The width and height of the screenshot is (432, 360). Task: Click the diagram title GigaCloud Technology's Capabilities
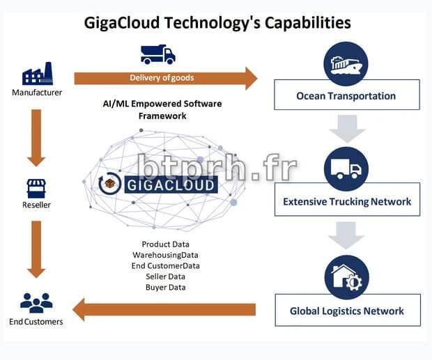(x=217, y=22)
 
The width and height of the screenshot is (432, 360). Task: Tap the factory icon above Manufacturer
(x=37, y=74)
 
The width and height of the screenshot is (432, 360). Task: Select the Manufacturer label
(x=37, y=92)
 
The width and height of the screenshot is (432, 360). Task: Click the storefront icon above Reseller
(x=36, y=187)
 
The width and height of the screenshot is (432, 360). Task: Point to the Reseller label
(x=36, y=205)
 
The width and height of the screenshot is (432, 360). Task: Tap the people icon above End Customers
(x=36, y=302)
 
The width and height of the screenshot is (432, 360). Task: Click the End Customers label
(x=36, y=322)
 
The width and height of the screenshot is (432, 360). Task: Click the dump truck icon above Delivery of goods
(x=157, y=54)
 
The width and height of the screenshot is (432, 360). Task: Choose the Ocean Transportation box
(x=346, y=95)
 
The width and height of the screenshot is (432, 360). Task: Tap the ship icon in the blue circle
(x=346, y=63)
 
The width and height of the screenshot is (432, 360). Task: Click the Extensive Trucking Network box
(x=346, y=202)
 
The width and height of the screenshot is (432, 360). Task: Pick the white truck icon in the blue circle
(x=346, y=169)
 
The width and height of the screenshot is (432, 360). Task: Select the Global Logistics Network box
(x=346, y=311)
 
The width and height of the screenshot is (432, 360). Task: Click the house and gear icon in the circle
(x=346, y=277)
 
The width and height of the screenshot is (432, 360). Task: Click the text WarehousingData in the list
(x=165, y=255)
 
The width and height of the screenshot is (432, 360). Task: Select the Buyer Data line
(x=165, y=286)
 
